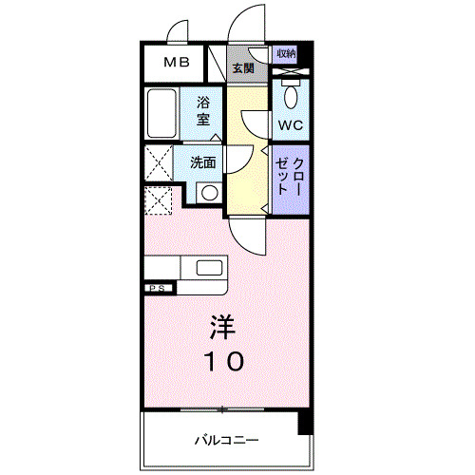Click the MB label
pyautogui.click(x=175, y=64)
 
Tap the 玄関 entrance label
pyautogui.click(x=242, y=67)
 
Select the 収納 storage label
pyautogui.click(x=286, y=53)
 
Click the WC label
pyautogui.click(x=290, y=124)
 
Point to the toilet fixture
pyautogui.click(x=291, y=95)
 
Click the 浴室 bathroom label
pyautogui.click(x=203, y=110)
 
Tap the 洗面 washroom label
pyautogui.click(x=202, y=162)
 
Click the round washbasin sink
pyautogui.click(x=206, y=193)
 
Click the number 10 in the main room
pyautogui.click(x=225, y=360)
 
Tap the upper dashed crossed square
pyautogui.click(x=158, y=161)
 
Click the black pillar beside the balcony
pyautogui.click(x=304, y=424)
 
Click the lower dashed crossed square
pyautogui.click(x=158, y=200)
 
